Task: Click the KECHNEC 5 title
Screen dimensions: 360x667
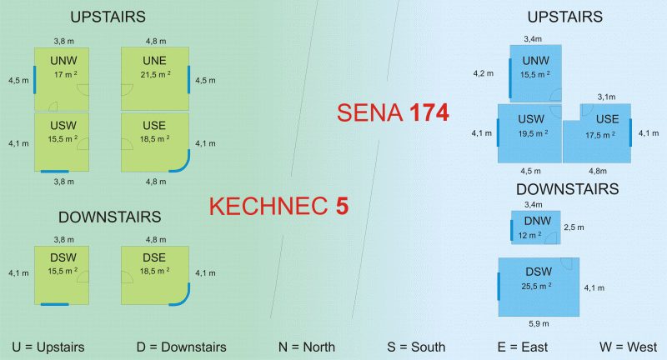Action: pyautogui.click(x=278, y=206)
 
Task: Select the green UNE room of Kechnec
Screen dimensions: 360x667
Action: pyautogui.click(x=155, y=77)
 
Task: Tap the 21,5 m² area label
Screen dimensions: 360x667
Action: pyautogui.click(x=155, y=75)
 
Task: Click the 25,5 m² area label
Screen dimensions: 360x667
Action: pyautogui.click(x=538, y=287)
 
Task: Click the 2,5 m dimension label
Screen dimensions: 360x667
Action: pyautogui.click(x=574, y=227)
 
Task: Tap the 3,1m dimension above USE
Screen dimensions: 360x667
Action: pyautogui.click(x=605, y=97)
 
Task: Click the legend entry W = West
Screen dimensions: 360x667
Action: pyautogui.click(x=628, y=347)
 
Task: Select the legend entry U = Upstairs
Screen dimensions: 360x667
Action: pyautogui.click(x=48, y=347)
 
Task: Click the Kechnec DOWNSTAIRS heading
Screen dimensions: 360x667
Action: pyautogui.click(x=109, y=217)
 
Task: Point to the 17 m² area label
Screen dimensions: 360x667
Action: pyautogui.click(x=63, y=75)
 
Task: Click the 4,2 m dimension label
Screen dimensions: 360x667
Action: pyautogui.click(x=483, y=74)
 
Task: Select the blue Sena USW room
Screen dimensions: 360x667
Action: pyautogui.click(x=530, y=132)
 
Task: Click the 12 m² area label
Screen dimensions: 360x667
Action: pyautogui.click(x=530, y=236)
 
